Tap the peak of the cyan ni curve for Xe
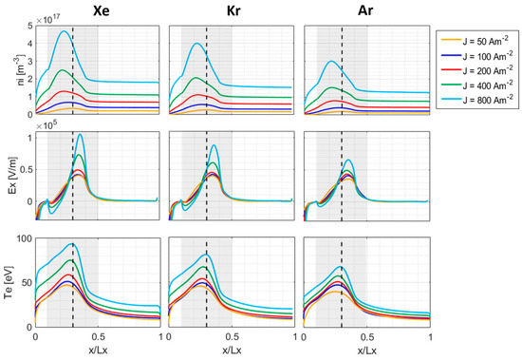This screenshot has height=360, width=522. point(65,31)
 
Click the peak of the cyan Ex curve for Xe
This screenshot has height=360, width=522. point(80,134)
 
